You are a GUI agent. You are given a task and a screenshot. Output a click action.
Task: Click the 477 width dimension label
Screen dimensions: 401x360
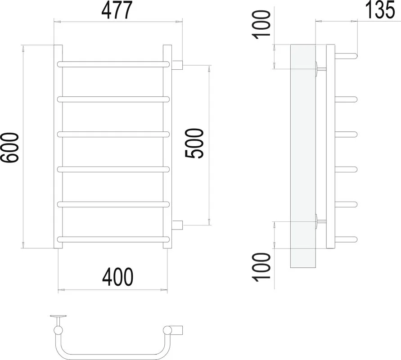117,10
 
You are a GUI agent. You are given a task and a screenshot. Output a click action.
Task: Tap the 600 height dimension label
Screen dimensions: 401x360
10,148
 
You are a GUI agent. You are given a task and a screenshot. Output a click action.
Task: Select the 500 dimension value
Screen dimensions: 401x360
194,144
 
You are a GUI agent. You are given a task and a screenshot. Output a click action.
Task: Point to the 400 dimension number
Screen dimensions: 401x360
117,277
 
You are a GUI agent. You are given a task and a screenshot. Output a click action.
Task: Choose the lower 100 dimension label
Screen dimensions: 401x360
261,267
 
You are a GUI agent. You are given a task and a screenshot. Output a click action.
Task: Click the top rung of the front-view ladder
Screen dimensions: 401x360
113,64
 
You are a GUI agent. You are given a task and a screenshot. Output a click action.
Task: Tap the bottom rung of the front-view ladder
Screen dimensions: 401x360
113,239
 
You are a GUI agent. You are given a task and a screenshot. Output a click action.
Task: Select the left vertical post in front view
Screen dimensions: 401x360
58,147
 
